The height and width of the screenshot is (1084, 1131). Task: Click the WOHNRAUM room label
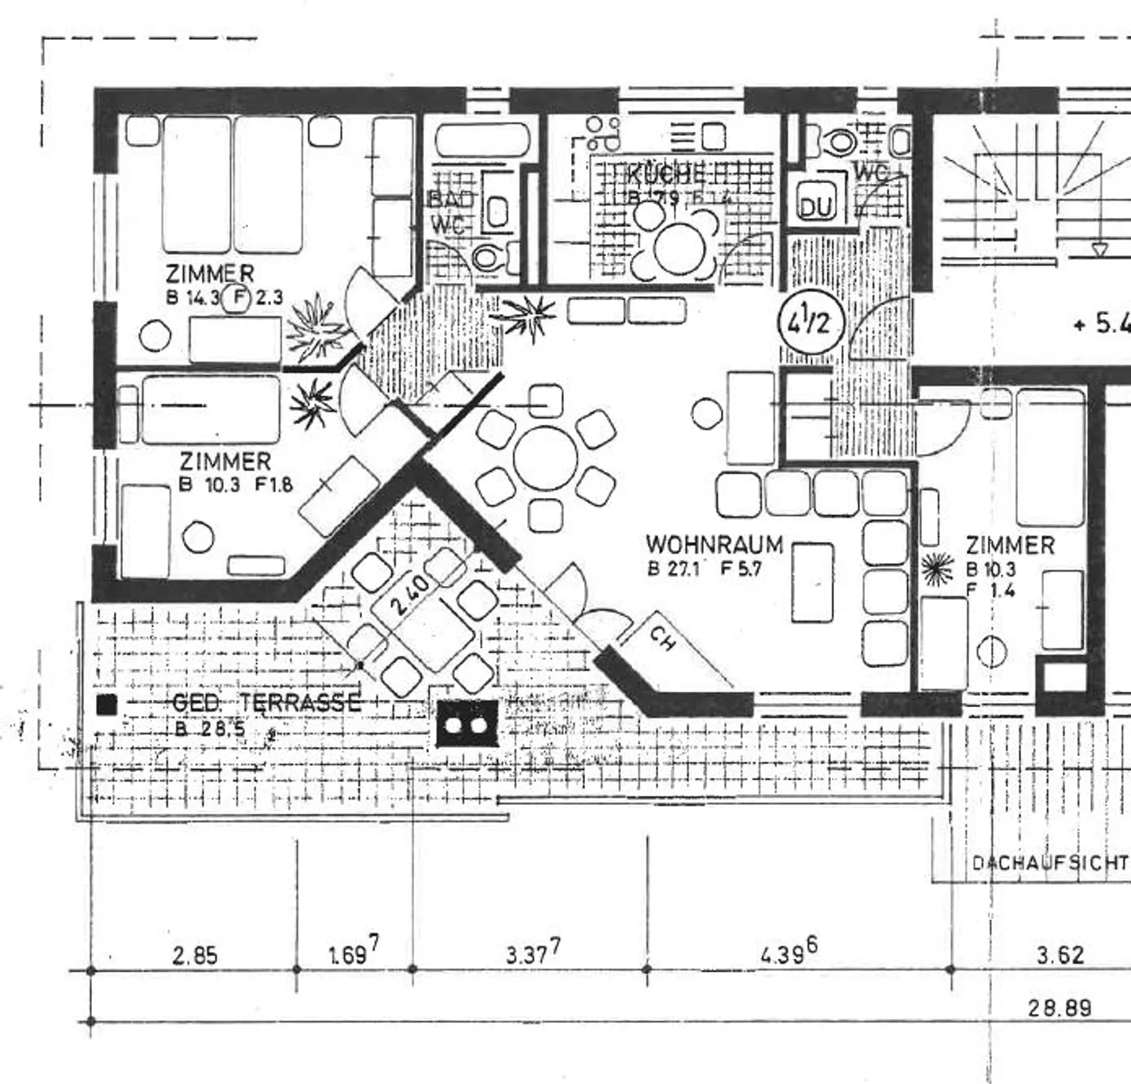pyautogui.click(x=714, y=544)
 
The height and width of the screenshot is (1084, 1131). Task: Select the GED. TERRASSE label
pyautogui.click(x=266, y=702)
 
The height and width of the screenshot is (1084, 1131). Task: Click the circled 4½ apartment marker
pyautogui.click(x=811, y=323)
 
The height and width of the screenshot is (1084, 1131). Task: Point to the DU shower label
pyautogui.click(x=815, y=207)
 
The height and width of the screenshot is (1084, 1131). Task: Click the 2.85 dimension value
pyautogui.click(x=194, y=956)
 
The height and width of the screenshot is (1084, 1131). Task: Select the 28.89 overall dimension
pyautogui.click(x=1060, y=1008)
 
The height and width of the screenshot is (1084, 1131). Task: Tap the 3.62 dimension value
pyautogui.click(x=1060, y=956)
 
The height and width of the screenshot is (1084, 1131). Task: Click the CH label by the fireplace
pyautogui.click(x=663, y=639)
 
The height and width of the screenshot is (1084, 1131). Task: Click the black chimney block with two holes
pyautogui.click(x=467, y=723)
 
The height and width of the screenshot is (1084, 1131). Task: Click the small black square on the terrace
pyautogui.click(x=107, y=705)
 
